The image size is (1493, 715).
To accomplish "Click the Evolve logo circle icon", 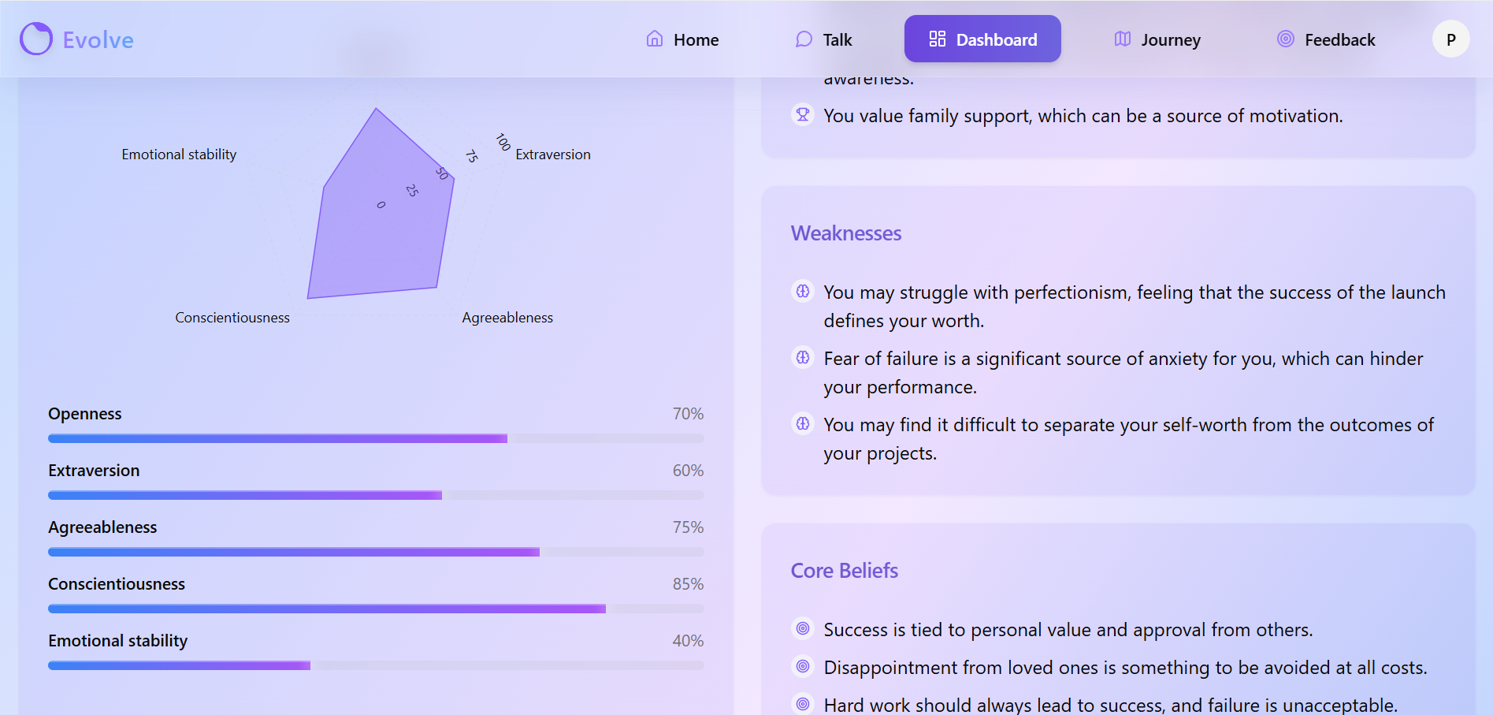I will tap(36, 39).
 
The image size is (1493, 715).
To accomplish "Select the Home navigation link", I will tap(682, 39).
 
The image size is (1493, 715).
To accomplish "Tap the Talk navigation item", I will tap(824, 39).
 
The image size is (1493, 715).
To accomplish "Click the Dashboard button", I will tap(982, 39).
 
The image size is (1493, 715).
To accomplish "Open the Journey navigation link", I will tap(1157, 39).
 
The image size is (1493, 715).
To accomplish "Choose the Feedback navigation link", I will tap(1326, 39).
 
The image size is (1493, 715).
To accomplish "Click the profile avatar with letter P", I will tap(1450, 39).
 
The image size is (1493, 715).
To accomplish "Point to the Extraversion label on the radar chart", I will tap(553, 155).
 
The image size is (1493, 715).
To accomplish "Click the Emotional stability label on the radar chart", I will tap(179, 155).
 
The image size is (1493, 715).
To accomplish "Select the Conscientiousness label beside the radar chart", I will tap(232, 318).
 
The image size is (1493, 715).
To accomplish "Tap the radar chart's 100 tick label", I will tap(503, 142).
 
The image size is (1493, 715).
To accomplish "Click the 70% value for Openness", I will tap(688, 414).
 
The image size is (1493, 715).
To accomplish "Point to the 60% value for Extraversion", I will tap(688, 471).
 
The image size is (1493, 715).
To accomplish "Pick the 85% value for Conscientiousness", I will tap(688, 584).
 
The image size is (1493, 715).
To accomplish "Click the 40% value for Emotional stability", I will tap(688, 641).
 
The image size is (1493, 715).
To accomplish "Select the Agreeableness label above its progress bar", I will tap(102, 527).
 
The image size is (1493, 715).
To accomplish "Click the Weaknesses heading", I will tap(846, 233).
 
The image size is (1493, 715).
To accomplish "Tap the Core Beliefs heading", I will tap(845, 571).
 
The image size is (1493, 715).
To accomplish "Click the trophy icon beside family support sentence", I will tap(803, 115).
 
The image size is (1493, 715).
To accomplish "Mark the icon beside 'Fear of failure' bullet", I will tap(803, 358).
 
